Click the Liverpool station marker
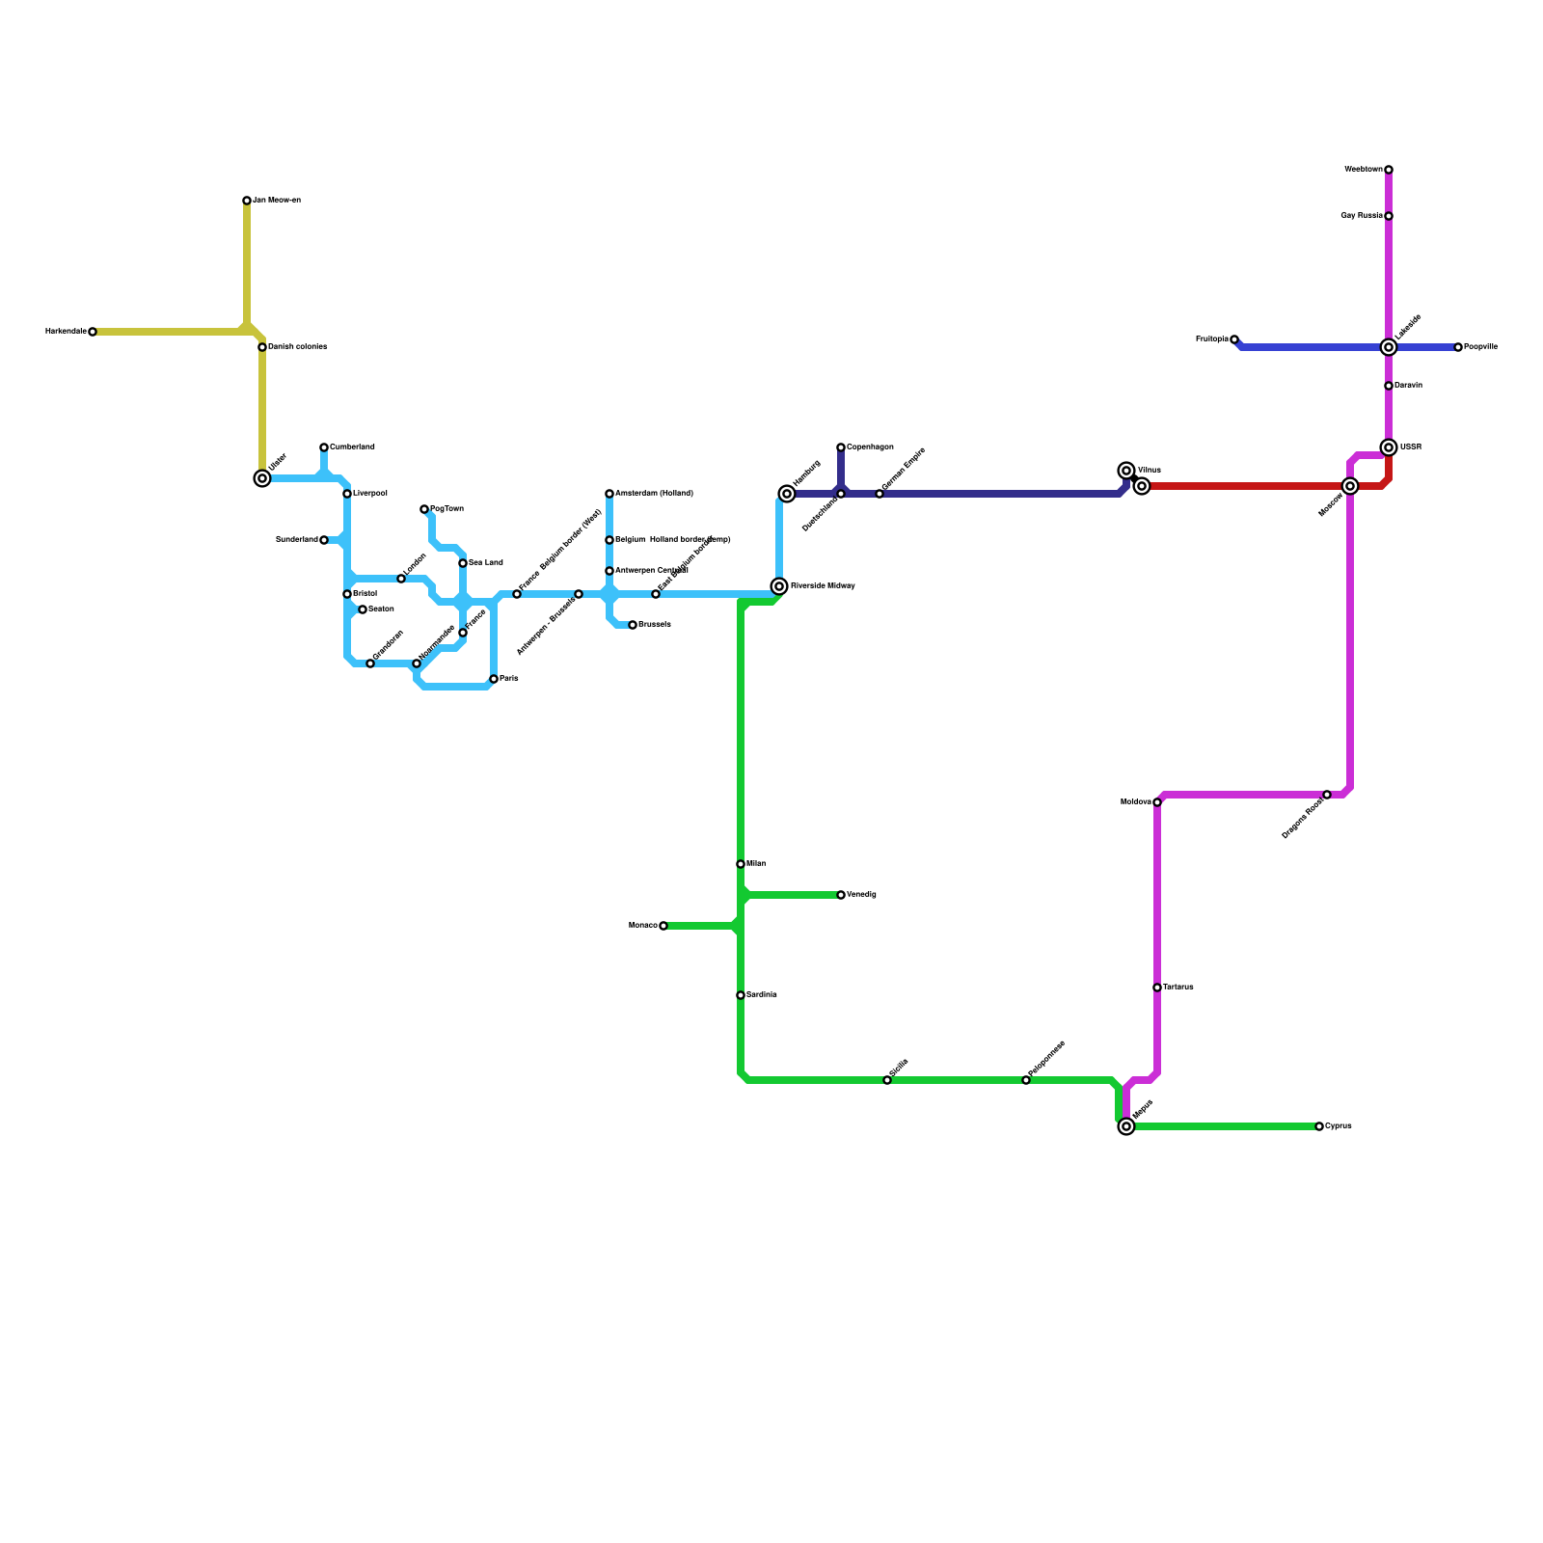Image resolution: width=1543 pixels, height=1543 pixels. pyautogui.click(x=347, y=494)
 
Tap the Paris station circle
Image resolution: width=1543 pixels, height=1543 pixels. pyautogui.click(x=494, y=679)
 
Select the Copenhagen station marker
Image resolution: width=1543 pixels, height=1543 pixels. pyautogui.click(x=841, y=447)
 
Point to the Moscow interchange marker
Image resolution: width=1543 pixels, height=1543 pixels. pyautogui.click(x=1350, y=486)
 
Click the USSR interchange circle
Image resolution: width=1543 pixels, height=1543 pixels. pyautogui.click(x=1389, y=447)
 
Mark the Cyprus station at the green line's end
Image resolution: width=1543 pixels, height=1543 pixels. pyautogui.click(x=1319, y=1126)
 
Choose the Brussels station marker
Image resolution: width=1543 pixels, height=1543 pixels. pyautogui.click(x=633, y=625)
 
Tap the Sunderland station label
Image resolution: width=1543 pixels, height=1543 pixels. pyautogui.click(x=296, y=540)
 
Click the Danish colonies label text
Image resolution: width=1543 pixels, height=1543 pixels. pyautogui.click(x=298, y=347)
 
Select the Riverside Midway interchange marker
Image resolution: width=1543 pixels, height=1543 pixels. pyautogui.click(x=779, y=586)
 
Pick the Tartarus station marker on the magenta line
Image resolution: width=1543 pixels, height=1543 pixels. pyautogui.click(x=1157, y=988)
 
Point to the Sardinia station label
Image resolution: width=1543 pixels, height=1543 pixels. pyautogui.click(x=762, y=995)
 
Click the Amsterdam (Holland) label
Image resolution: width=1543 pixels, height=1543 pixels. pyautogui.click(x=654, y=494)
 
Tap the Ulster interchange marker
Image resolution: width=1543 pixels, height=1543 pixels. pyautogui.click(x=262, y=478)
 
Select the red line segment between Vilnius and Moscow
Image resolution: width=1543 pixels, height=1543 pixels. pyautogui.click(x=1244, y=486)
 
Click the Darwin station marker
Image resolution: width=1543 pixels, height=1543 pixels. pyautogui.click(x=1389, y=386)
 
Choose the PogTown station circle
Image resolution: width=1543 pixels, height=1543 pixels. pyautogui.click(x=424, y=509)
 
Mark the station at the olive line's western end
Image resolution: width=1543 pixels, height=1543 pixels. pyautogui.click(x=93, y=332)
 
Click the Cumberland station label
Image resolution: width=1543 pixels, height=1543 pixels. pyautogui.click(x=352, y=447)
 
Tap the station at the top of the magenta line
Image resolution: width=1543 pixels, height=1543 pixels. pyautogui.click(x=1389, y=170)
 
